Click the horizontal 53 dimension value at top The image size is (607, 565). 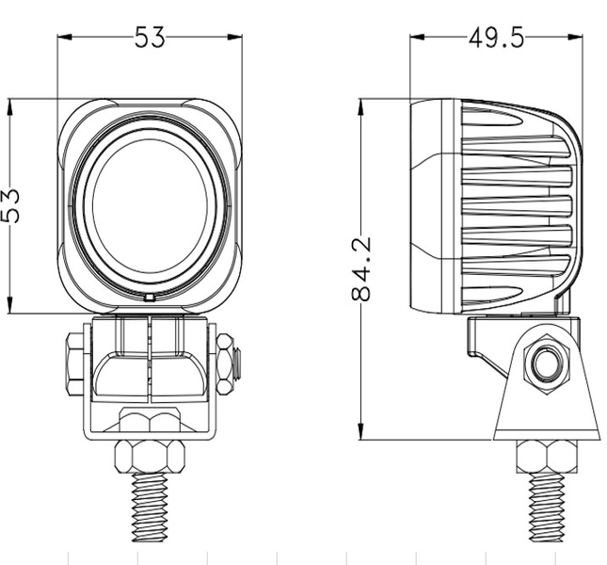point(149,38)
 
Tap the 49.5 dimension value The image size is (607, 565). point(496,38)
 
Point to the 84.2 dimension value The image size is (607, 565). point(362,269)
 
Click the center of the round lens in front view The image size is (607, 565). point(149,205)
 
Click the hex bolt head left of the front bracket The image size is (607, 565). point(74,363)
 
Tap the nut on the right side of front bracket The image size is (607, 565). point(226,363)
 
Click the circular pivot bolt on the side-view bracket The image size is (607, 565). point(545,363)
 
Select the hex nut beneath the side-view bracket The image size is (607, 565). point(545,456)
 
